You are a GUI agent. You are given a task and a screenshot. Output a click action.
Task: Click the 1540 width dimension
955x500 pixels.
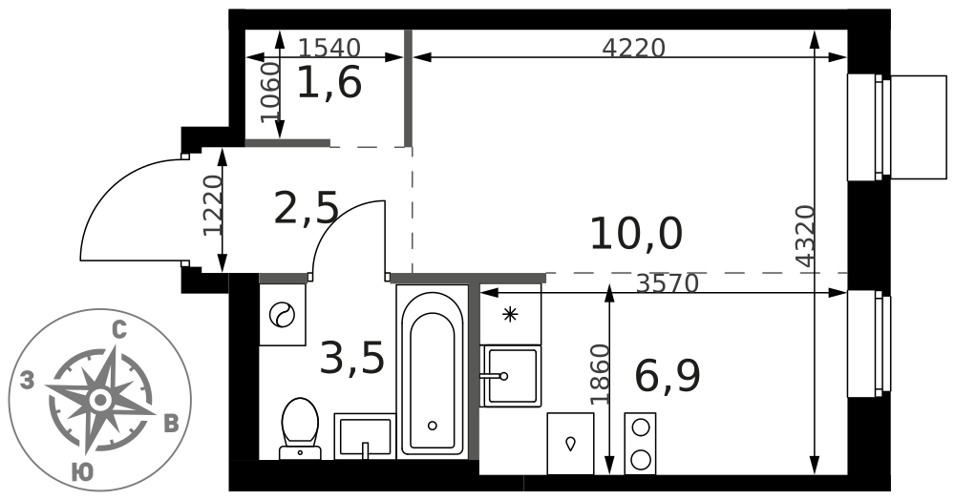click(x=331, y=47)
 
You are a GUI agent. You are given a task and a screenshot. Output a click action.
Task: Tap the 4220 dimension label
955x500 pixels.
click(x=633, y=47)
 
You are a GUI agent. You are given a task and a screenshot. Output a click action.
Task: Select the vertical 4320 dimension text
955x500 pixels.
click(x=805, y=236)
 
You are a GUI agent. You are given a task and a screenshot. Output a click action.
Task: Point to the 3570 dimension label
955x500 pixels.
click(x=667, y=282)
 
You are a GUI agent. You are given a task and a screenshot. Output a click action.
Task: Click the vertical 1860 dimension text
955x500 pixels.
click(x=600, y=374)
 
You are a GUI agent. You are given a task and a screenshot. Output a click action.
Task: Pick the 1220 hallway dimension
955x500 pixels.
click(x=213, y=205)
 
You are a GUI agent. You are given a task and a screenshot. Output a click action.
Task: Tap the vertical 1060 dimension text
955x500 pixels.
click(x=270, y=93)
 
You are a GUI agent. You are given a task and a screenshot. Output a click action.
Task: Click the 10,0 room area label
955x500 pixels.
click(x=636, y=235)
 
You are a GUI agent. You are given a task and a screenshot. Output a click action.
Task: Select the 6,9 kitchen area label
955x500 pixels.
click(x=667, y=376)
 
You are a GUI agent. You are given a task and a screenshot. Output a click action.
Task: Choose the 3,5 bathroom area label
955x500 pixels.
click(x=352, y=358)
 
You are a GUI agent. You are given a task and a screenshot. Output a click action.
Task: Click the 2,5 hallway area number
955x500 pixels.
click(x=306, y=207)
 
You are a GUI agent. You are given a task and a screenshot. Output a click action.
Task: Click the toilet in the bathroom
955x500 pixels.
click(x=300, y=428)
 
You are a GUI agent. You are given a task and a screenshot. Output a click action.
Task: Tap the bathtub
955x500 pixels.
click(x=433, y=372)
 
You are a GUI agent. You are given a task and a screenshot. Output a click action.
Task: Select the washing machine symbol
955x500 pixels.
click(x=283, y=315)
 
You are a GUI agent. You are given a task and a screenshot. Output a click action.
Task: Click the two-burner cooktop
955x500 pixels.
click(x=640, y=444)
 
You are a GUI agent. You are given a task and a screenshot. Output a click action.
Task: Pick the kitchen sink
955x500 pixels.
click(x=510, y=377)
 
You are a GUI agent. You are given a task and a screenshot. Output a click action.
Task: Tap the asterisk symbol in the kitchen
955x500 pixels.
click(x=510, y=315)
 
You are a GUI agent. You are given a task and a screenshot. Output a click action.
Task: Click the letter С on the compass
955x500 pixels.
click(x=119, y=331)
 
